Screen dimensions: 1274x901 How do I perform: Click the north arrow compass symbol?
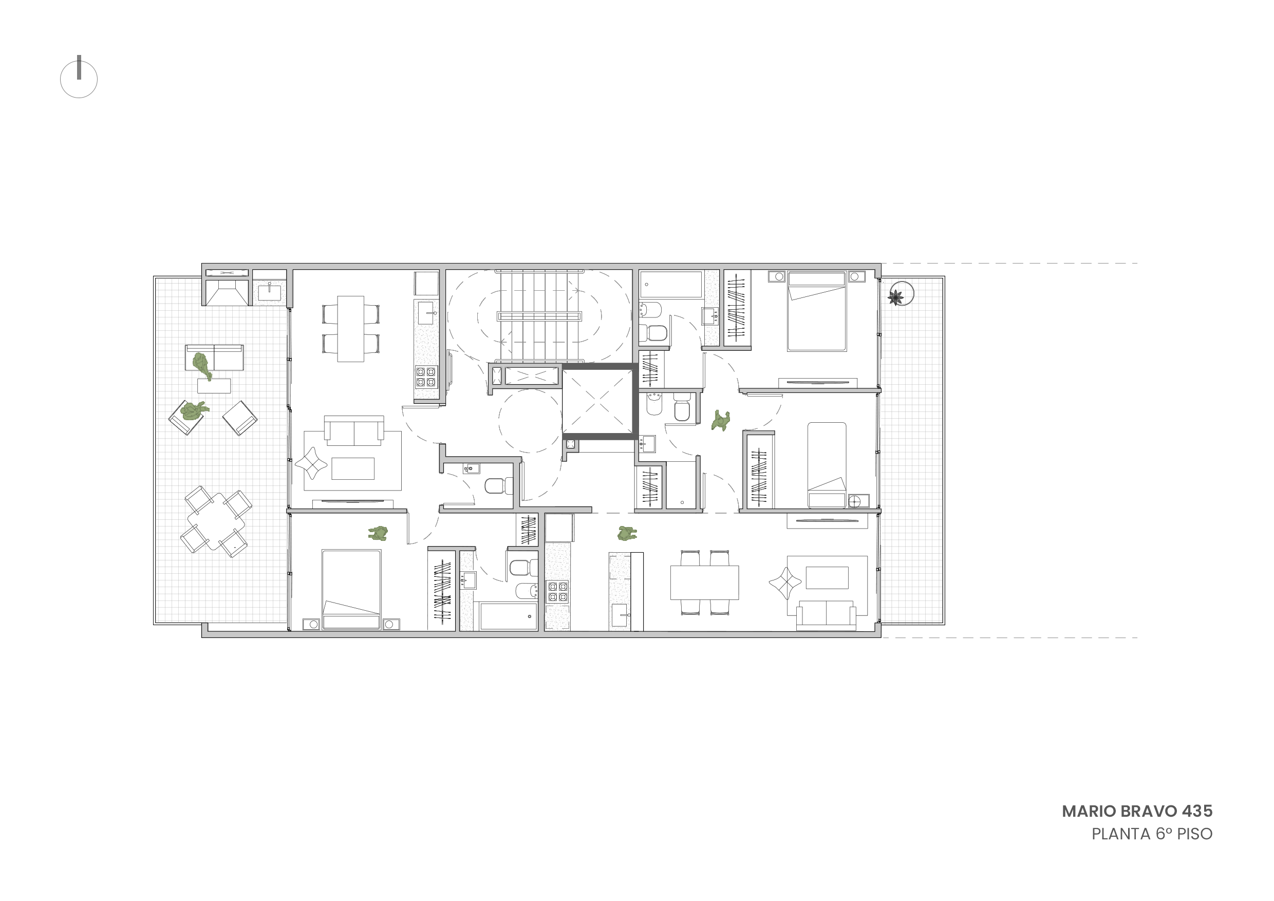tap(79, 78)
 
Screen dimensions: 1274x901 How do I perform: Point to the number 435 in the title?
tap(1197, 811)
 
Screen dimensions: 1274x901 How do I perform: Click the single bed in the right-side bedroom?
tap(827, 465)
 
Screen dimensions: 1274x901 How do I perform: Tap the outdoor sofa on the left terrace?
tap(214, 358)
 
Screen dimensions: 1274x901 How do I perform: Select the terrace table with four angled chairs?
tap(216, 521)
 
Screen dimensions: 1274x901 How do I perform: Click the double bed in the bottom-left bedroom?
tap(351, 589)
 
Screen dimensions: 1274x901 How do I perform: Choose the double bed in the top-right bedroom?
tap(816, 311)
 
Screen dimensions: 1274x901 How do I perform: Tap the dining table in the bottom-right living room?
tap(705, 583)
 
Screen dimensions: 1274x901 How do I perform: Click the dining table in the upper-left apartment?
tap(351, 329)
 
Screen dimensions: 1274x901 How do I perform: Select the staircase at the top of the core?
tap(539, 316)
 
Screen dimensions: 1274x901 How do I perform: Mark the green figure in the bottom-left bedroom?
tap(378, 534)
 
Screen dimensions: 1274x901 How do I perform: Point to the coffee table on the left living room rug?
tap(353, 468)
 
